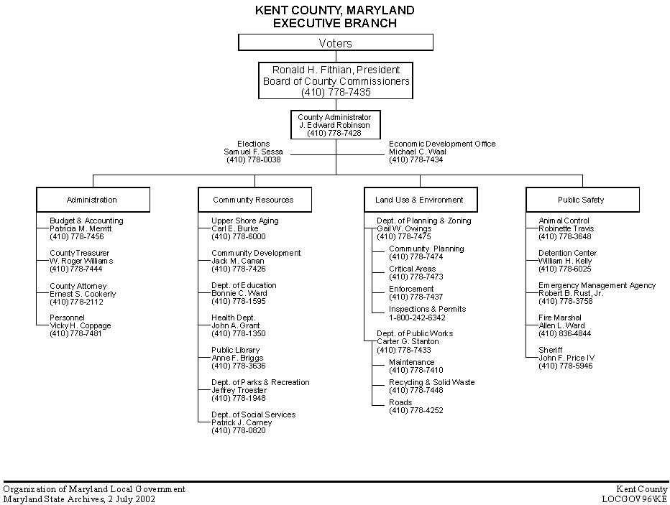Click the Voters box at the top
tap(335, 43)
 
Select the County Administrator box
tap(335, 124)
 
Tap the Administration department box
tap(93, 200)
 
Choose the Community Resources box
tap(254, 200)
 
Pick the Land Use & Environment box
tap(419, 200)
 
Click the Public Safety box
tap(582, 200)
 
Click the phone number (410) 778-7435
tap(336, 92)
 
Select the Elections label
tap(254, 144)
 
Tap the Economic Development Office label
tap(442, 144)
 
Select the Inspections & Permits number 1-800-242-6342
tap(417, 318)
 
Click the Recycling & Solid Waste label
tap(431, 382)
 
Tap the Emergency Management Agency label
tap(597, 285)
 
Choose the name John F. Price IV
tap(566, 358)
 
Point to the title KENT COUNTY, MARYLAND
tap(335, 11)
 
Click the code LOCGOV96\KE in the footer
tap(635, 499)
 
